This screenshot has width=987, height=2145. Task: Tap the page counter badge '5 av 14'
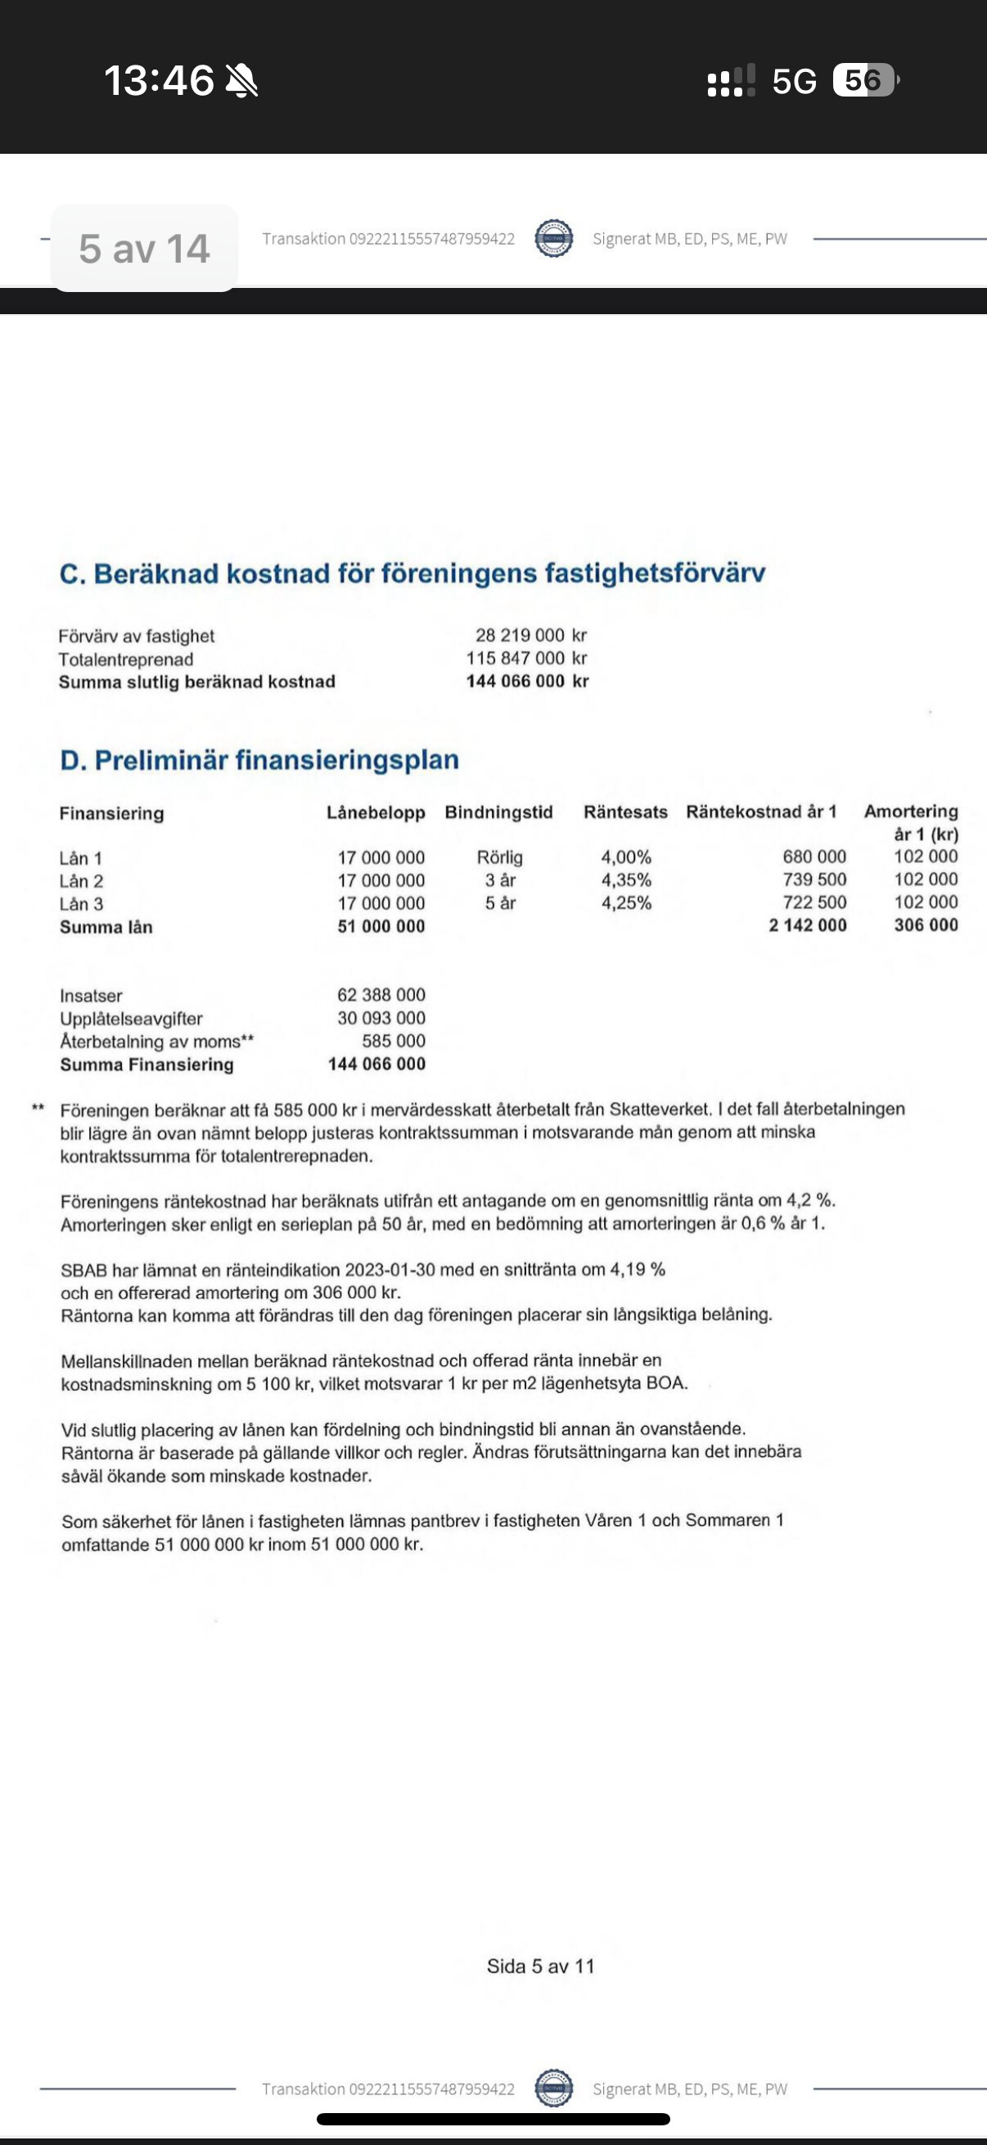pyautogui.click(x=144, y=248)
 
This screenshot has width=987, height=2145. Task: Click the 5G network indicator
pyautogui.click(x=794, y=82)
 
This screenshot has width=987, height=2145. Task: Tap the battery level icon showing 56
pyautogui.click(x=863, y=80)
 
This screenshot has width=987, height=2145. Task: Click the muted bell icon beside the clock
pyautogui.click(x=241, y=82)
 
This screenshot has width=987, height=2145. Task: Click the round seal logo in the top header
pyautogui.click(x=554, y=239)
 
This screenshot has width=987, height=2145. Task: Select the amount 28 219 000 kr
pyautogui.click(x=530, y=636)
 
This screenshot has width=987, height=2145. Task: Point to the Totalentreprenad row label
pyautogui.click(x=126, y=659)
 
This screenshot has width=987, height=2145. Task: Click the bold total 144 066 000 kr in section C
pyautogui.click(x=526, y=681)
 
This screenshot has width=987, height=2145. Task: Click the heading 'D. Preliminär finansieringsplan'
pyautogui.click(x=259, y=760)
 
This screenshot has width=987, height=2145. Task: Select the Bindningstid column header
pyautogui.click(x=498, y=812)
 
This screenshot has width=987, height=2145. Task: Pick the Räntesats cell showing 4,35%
pyautogui.click(x=626, y=880)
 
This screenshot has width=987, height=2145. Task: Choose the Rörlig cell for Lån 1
pyautogui.click(x=500, y=857)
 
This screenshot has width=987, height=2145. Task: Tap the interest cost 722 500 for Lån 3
pyautogui.click(x=813, y=902)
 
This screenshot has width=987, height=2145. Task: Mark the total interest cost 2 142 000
pyautogui.click(x=807, y=926)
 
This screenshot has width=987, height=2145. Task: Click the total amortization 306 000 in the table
pyautogui.click(x=926, y=925)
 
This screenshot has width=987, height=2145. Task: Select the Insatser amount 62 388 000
pyautogui.click(x=381, y=995)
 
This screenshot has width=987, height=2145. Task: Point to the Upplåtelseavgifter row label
pyautogui.click(x=132, y=1019)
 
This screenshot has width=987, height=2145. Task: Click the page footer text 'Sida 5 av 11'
pyautogui.click(x=541, y=1967)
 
